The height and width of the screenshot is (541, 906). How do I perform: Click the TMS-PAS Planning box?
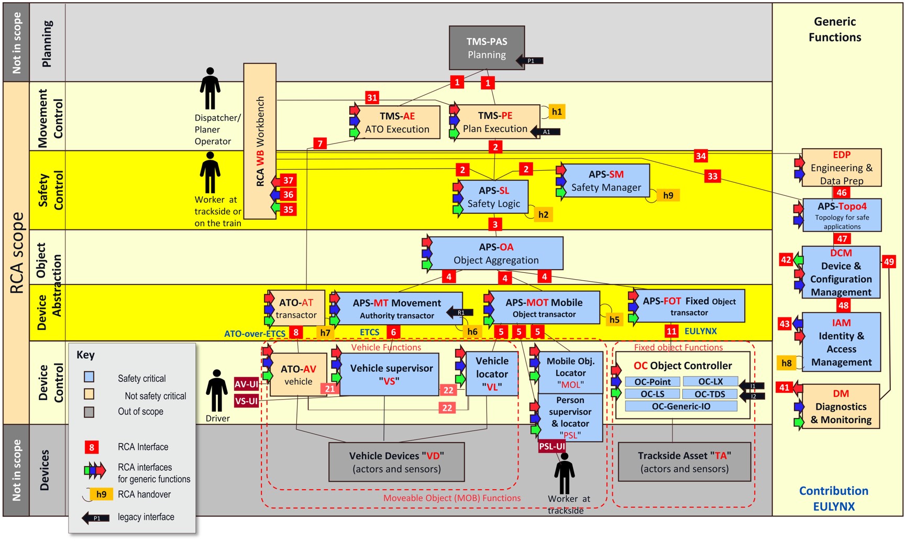(x=487, y=48)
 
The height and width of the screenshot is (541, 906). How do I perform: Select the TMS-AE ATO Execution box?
(x=397, y=122)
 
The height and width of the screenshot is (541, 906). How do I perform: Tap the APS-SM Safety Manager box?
(x=606, y=181)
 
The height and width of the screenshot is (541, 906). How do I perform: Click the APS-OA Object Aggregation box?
(x=495, y=253)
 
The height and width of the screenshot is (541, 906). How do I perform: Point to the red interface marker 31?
(x=372, y=97)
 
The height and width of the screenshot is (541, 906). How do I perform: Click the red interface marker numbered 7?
(x=320, y=143)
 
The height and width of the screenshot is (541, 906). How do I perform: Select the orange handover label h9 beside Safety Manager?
(x=668, y=195)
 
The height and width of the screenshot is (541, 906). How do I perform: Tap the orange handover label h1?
(x=557, y=112)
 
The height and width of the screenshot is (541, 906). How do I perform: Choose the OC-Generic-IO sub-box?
(x=681, y=406)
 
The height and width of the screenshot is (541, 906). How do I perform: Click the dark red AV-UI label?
(x=246, y=384)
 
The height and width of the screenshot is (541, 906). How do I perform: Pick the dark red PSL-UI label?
(x=552, y=446)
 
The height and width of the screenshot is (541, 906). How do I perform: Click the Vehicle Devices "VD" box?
(x=396, y=462)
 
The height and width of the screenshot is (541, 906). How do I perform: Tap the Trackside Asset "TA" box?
(x=684, y=462)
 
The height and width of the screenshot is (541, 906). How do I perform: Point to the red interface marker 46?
(x=841, y=192)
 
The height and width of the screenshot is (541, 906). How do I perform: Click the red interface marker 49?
(x=889, y=262)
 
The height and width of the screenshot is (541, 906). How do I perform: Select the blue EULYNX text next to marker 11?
(x=700, y=331)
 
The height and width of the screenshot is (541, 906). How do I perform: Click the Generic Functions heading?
(x=834, y=29)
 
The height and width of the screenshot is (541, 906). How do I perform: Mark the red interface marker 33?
(x=712, y=176)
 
